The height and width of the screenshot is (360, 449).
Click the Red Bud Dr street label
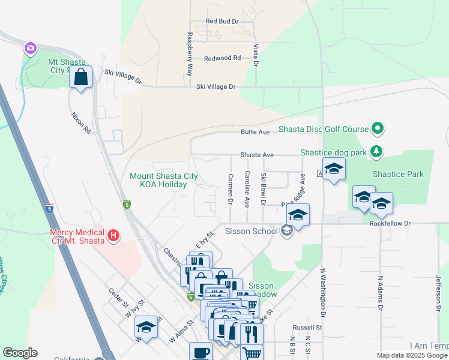point(222,21)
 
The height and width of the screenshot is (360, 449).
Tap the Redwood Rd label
point(222,58)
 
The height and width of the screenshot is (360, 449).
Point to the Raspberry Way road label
point(190,53)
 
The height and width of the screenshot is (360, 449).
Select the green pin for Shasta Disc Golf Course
point(378,128)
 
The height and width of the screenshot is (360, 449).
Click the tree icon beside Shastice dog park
point(376,151)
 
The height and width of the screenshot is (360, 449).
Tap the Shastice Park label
point(398,175)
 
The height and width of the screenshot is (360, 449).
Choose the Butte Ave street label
point(255,132)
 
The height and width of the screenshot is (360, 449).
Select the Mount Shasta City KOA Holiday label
point(163,180)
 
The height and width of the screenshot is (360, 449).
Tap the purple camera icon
point(30,47)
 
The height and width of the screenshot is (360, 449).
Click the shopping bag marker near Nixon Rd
point(81,77)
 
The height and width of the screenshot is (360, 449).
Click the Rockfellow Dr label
point(390,223)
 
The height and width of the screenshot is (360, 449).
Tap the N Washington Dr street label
point(322,292)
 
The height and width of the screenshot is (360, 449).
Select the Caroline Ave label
point(247,189)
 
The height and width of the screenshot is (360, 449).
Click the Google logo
point(20,353)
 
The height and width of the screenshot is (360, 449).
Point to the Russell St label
point(307,328)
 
